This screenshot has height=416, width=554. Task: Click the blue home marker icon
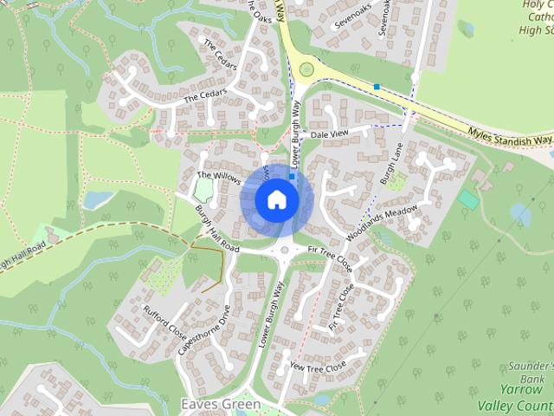click(x=276, y=199)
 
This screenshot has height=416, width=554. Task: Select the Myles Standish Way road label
click(x=510, y=135)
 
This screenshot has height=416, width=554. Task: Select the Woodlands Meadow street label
click(x=382, y=223)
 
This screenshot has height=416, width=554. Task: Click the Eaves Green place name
click(x=220, y=405)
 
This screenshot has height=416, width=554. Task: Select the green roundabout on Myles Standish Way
click(x=306, y=68)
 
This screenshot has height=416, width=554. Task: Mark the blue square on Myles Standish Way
click(x=377, y=86)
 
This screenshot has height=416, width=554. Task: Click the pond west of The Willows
click(x=98, y=200)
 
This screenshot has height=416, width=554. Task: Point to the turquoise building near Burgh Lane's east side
click(x=468, y=199)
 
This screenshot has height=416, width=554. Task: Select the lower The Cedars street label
click(x=205, y=94)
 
